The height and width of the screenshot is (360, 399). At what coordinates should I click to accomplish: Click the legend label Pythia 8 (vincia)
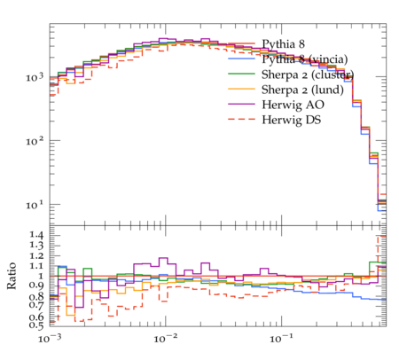[305, 59]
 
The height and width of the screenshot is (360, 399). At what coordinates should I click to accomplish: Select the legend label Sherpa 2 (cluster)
[308, 74]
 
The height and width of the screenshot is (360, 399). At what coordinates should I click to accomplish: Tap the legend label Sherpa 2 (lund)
[302, 90]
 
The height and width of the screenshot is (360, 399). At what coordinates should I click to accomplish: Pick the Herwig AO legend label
[293, 105]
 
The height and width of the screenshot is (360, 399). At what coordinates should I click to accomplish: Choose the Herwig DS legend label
[292, 120]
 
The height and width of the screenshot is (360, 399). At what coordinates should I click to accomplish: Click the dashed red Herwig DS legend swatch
[241, 119]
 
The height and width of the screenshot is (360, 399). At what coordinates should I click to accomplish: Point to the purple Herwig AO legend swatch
[241, 104]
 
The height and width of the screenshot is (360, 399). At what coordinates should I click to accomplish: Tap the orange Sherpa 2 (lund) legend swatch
[241, 89]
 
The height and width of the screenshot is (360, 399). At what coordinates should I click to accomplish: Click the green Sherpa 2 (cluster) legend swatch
[241, 74]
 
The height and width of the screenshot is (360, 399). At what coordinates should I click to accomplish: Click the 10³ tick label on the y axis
[35, 77]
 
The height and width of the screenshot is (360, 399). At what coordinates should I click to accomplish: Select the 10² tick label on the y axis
[35, 141]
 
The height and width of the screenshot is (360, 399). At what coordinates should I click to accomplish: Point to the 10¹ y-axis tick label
[35, 205]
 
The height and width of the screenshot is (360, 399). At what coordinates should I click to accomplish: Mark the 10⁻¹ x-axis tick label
[280, 339]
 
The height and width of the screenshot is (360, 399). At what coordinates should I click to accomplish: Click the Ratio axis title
[12, 276]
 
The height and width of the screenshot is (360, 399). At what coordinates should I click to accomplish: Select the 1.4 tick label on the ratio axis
[36, 235]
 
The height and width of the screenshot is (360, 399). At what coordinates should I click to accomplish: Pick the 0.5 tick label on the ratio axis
[36, 325]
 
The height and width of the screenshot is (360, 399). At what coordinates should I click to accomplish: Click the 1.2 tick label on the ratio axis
[36, 255]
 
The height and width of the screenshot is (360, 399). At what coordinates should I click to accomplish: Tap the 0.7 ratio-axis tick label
[36, 305]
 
